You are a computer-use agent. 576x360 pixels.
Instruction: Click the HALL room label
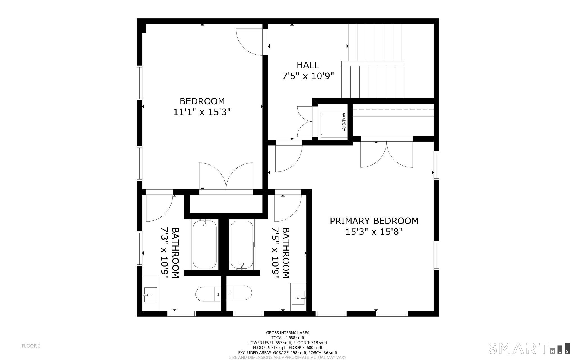point(308,65)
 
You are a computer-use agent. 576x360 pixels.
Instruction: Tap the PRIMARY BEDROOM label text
point(374,221)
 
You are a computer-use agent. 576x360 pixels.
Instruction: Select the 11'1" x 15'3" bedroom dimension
point(202,112)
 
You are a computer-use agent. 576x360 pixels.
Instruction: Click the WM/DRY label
point(343,122)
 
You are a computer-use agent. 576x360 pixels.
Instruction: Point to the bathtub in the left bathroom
point(204,244)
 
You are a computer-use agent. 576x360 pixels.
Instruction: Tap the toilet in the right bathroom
point(239,293)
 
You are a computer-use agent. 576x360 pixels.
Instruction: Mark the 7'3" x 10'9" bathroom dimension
point(164,253)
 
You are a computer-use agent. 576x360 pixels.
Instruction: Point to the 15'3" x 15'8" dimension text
point(374,232)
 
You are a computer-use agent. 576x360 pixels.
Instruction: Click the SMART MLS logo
point(529,348)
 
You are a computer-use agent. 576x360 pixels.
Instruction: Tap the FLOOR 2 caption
point(31,346)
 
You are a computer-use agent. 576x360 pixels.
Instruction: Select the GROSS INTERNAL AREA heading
point(288,333)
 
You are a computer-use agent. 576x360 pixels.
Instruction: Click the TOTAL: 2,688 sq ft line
point(288,338)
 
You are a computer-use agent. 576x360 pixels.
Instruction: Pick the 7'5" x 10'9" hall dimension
point(308,76)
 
